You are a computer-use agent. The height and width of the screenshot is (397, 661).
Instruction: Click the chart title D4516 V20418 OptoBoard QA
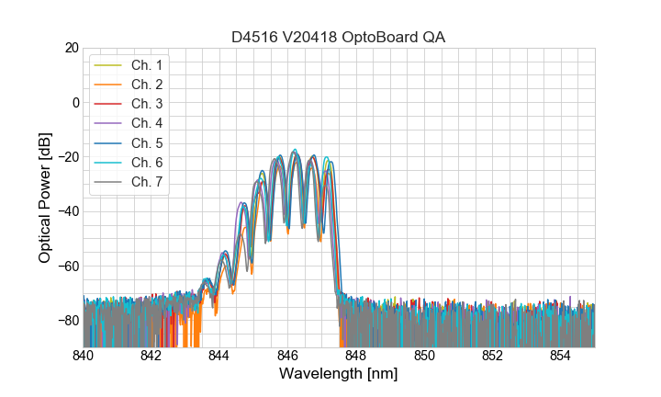(339, 36)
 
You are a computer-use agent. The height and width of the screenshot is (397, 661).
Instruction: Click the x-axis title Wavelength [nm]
(339, 375)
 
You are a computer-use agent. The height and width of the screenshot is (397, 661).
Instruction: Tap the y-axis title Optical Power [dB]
(45, 198)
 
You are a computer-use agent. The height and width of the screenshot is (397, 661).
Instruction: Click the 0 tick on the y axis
(75, 102)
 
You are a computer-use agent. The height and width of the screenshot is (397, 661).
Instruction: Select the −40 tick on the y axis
(68, 211)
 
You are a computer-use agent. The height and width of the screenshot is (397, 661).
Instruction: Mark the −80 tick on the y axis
(68, 321)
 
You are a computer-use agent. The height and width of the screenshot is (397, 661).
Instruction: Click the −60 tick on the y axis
(68, 267)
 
